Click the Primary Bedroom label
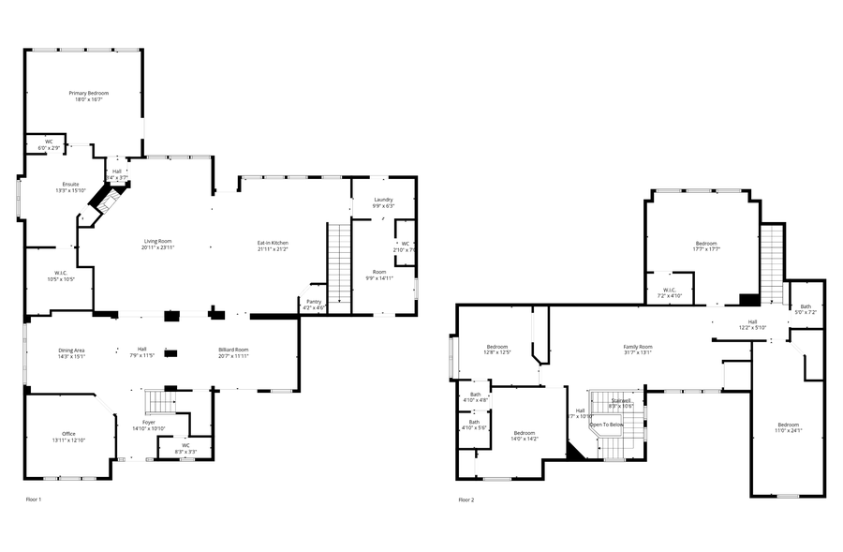[x=89, y=93]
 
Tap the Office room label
[x=68, y=434]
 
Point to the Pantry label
[x=313, y=302]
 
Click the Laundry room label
[x=383, y=200]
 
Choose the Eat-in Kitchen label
[x=273, y=243]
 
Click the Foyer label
[x=149, y=423]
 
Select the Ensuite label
[x=71, y=184]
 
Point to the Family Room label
[x=638, y=347]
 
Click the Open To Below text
[x=606, y=425]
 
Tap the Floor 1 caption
[x=34, y=500]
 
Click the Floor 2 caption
[x=466, y=500]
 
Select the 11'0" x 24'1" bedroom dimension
[x=788, y=431]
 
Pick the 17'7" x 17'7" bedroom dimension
[x=705, y=249]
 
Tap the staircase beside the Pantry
[x=338, y=267]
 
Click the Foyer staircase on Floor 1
[x=160, y=402]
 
